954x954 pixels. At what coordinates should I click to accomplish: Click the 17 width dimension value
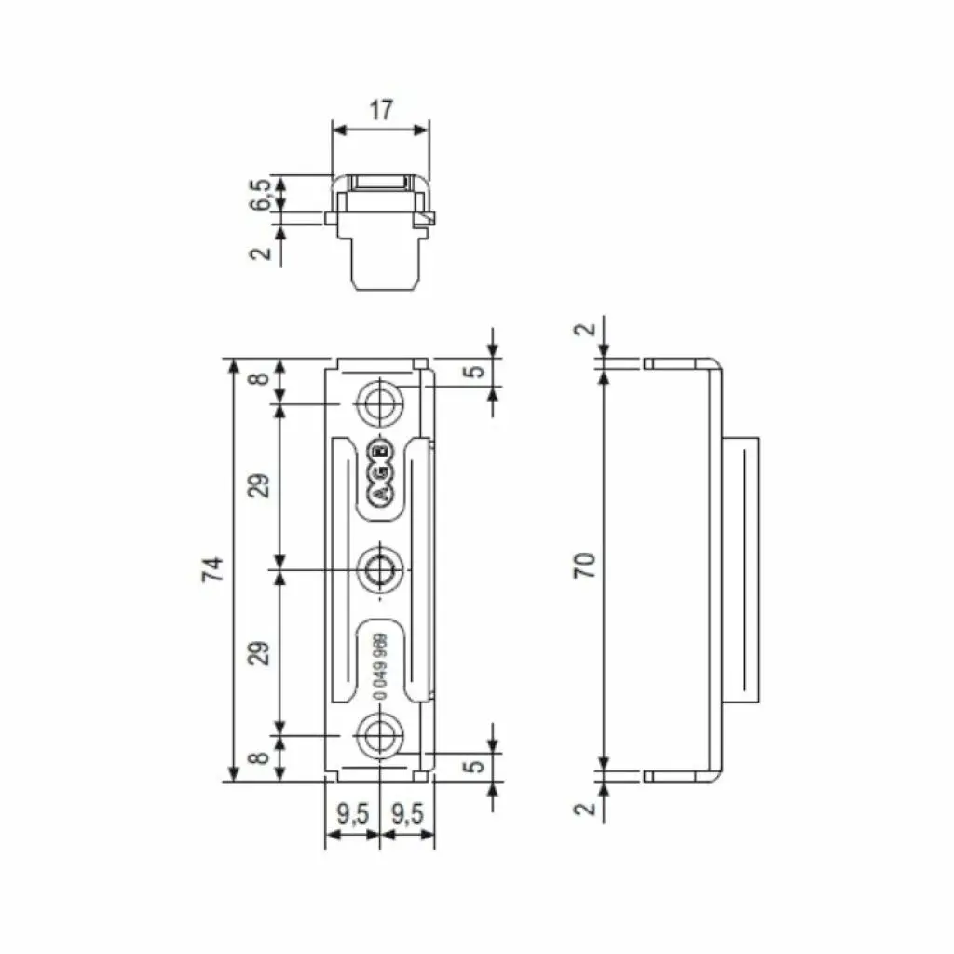[x=380, y=109]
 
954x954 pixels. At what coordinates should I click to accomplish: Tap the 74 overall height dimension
[x=213, y=569]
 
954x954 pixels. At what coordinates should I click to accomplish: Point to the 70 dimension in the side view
[x=584, y=566]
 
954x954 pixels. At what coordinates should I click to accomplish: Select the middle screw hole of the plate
[x=379, y=568]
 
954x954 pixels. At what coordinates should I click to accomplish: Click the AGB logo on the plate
[x=380, y=474]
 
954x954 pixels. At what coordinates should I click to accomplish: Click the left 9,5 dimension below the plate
[x=351, y=814]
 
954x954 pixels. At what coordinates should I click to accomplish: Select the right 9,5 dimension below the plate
[x=407, y=814]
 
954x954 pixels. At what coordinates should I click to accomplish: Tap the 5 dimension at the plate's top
[x=475, y=371]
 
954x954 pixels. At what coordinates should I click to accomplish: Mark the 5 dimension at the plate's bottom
[x=475, y=767]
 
